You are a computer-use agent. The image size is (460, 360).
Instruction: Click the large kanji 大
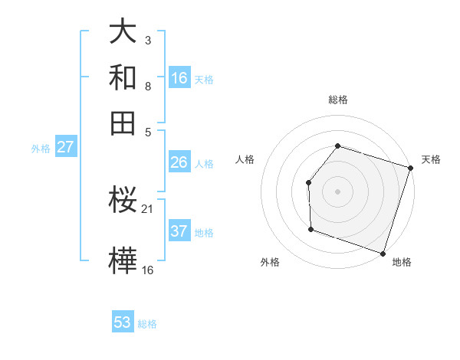(x=123, y=31)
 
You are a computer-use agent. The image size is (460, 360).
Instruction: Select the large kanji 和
(x=123, y=77)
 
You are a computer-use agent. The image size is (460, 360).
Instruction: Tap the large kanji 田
(x=123, y=123)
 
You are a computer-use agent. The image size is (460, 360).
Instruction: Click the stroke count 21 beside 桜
(x=147, y=209)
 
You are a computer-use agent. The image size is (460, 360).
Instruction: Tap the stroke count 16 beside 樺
(x=147, y=270)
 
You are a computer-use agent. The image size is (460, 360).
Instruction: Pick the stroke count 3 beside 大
(x=147, y=40)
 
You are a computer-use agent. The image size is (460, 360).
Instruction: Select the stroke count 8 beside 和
(x=147, y=86)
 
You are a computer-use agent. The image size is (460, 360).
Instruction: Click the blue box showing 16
(x=179, y=77)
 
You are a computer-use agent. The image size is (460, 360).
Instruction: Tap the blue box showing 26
(x=179, y=162)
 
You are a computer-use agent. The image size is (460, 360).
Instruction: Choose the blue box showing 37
(x=179, y=231)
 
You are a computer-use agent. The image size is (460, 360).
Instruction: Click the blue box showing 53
(x=123, y=322)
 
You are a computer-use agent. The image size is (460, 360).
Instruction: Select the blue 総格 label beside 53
(x=147, y=324)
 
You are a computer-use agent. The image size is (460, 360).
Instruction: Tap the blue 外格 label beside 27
(x=41, y=149)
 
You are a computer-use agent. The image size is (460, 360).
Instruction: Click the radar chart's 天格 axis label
(x=431, y=159)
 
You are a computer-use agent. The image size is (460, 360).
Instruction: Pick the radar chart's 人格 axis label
(x=245, y=159)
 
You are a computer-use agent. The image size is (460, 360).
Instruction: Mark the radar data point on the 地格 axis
(x=383, y=253)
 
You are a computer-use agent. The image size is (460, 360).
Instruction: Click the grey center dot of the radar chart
(x=337, y=191)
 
